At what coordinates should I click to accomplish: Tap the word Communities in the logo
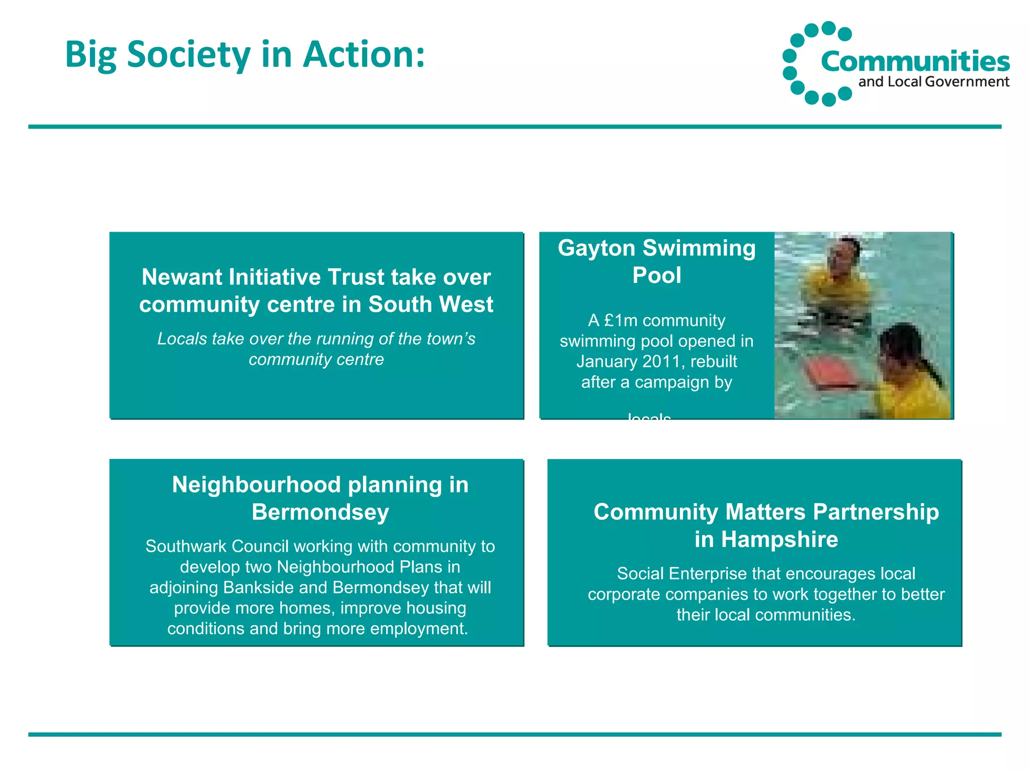[x=915, y=61]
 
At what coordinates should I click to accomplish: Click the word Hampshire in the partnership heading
[x=779, y=539]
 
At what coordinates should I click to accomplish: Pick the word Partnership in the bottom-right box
[x=876, y=512]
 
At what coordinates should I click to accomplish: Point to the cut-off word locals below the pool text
[x=649, y=417]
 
